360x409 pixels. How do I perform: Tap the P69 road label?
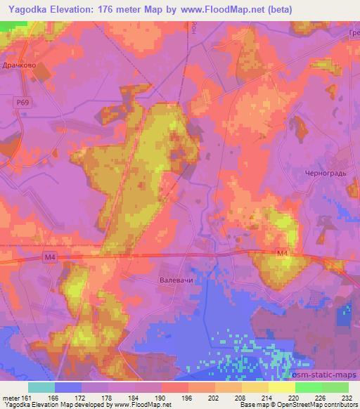pos(22,103)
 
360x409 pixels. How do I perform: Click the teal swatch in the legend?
pos(41,387)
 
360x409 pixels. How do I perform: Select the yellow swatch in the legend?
pos(281,387)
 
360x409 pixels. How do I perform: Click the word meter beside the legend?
pos(11,397)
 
